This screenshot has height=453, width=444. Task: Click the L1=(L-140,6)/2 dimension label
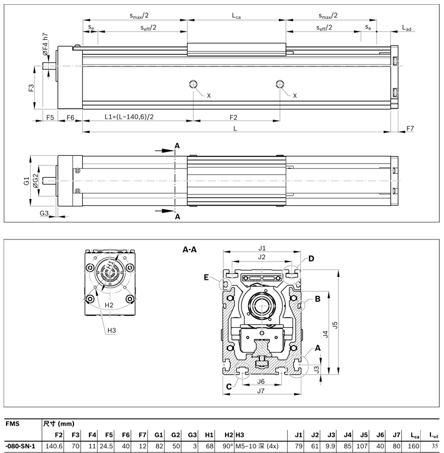[130, 117]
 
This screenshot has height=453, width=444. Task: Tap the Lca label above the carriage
[236, 17]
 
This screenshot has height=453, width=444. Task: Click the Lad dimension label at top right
[407, 27]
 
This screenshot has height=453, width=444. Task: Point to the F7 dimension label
[411, 128]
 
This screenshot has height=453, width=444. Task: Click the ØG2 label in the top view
[36, 181]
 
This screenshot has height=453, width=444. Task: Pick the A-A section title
[189, 250]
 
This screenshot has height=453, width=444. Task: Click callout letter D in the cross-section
[311, 259]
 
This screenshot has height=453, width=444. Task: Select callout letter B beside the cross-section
[317, 299]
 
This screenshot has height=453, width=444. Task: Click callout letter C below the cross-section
[229, 387]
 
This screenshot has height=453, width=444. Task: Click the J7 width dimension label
[260, 391]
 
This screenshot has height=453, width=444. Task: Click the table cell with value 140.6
[54, 445]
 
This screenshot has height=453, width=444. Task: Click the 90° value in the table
[227, 445]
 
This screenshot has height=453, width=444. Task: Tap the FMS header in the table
[11, 424]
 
